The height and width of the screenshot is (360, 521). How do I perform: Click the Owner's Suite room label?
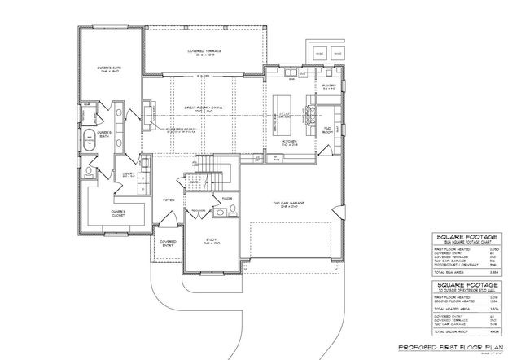(110, 70)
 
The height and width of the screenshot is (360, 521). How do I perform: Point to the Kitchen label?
(290, 143)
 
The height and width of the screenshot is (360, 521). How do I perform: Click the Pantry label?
(329, 84)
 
